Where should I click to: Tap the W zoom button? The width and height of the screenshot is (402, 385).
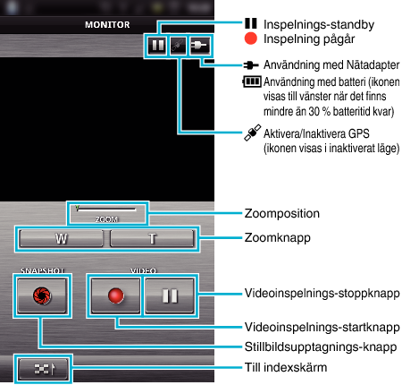point(61,238)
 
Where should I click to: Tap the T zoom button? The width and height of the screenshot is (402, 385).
point(152,238)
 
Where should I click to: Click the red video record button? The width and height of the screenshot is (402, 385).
point(115,295)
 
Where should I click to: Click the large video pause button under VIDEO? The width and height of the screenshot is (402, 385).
point(170,295)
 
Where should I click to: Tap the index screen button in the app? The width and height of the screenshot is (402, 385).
point(43,369)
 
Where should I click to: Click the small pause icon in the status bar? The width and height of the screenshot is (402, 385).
point(157,46)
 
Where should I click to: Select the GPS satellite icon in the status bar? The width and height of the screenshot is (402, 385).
point(178,46)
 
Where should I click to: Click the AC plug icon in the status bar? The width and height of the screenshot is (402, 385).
point(199,46)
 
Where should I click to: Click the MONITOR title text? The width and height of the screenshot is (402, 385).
point(107,24)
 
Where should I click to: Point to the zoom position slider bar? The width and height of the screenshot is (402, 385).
point(106,209)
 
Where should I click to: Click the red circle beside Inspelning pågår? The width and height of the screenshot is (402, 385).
point(250,38)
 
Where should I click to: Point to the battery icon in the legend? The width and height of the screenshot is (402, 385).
point(252,81)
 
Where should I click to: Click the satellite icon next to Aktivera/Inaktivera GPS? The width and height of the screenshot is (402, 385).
point(253,133)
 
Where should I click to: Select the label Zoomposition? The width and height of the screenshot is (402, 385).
point(282,213)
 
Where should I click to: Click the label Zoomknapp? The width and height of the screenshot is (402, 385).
point(278,238)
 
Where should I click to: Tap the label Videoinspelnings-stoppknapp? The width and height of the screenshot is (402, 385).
point(322,294)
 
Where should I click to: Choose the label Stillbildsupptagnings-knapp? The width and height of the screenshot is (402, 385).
point(321,347)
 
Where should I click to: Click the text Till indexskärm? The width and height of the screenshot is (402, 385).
point(286,367)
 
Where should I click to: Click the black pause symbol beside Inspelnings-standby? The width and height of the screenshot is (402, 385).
point(251,23)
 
